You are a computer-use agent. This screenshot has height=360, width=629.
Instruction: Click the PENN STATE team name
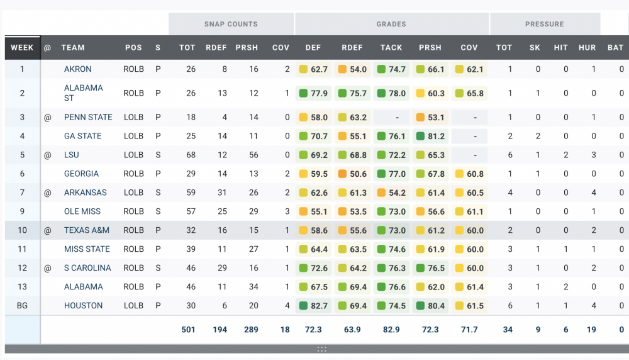(x=88, y=117)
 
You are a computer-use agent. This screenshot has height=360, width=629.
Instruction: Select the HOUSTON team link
(x=83, y=305)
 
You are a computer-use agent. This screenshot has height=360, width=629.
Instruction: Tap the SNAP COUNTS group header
(x=231, y=24)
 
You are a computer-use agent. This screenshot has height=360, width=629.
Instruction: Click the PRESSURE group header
(x=545, y=24)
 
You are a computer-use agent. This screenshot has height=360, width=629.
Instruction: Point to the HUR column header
(x=587, y=47)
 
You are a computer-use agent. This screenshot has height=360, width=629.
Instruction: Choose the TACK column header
(x=391, y=47)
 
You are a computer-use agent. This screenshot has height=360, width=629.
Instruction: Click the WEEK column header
(x=22, y=47)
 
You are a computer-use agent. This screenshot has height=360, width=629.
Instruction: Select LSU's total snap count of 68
(x=187, y=155)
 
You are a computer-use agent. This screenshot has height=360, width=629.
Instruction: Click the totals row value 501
(x=187, y=329)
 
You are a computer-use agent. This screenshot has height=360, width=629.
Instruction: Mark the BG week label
(x=22, y=305)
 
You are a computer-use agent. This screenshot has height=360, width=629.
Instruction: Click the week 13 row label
(x=22, y=286)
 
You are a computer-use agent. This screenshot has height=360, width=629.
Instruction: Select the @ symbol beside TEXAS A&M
(x=48, y=230)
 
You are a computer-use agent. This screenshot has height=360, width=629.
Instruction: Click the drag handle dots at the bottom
(x=321, y=349)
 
